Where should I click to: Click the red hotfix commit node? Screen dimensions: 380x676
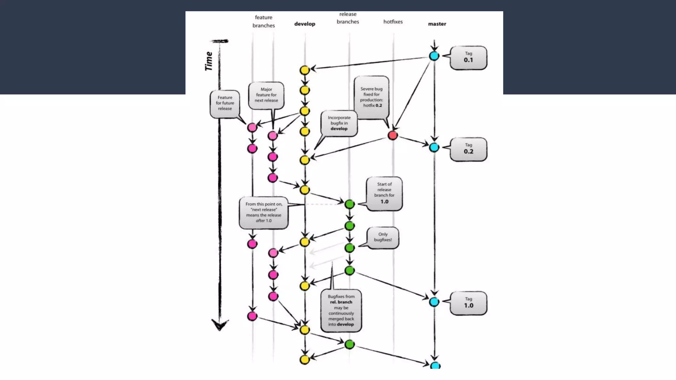tap(392, 135)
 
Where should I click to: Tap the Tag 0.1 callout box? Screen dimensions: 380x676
tap(468, 58)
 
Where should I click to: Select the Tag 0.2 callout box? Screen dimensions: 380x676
tap(468, 149)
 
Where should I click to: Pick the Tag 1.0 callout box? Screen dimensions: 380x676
tap(468, 303)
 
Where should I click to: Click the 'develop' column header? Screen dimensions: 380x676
tap(305, 24)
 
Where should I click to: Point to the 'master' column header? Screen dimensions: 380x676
tap(437, 24)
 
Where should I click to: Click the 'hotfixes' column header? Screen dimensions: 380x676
tap(393, 22)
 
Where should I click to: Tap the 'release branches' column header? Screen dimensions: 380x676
tap(348, 18)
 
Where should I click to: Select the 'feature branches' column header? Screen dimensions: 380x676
tap(263, 21)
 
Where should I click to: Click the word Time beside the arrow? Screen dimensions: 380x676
tap(209, 61)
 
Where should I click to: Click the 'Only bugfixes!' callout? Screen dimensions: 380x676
tap(383, 237)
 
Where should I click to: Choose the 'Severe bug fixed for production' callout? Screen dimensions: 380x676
tap(372, 97)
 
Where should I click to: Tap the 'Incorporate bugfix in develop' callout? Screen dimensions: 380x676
tap(339, 123)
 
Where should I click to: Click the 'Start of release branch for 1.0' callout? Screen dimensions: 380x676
tap(384, 193)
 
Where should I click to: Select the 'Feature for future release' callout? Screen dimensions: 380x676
tap(225, 103)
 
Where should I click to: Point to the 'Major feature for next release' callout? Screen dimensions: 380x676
tap(266, 95)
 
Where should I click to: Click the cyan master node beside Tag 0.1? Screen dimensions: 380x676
tap(434, 56)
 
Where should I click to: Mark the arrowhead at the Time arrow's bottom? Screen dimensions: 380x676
tap(220, 325)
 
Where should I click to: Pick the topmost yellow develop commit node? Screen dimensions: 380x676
tap(305, 70)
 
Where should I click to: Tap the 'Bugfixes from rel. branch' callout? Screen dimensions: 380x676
tap(341, 310)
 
